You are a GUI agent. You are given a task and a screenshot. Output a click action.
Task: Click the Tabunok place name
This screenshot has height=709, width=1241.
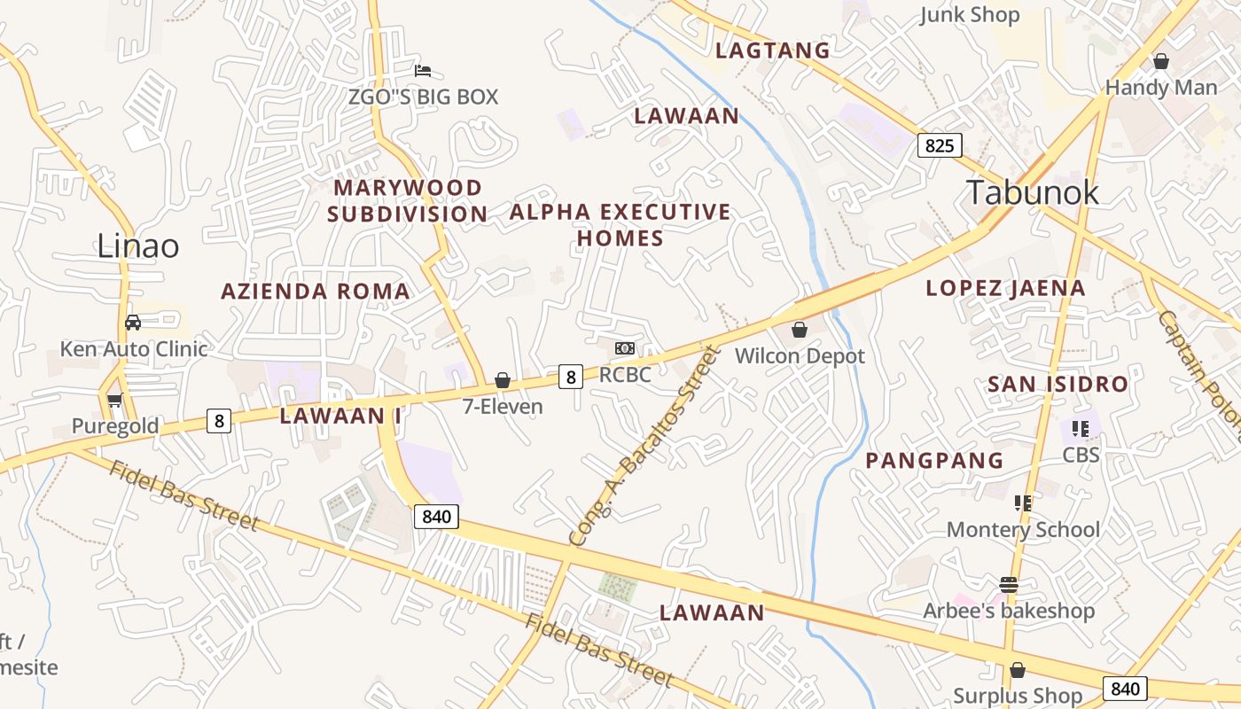point(1032,192)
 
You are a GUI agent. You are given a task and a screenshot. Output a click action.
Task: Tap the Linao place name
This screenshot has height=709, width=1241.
point(137,245)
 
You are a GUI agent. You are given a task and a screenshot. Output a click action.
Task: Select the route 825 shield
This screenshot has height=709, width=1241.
point(939,144)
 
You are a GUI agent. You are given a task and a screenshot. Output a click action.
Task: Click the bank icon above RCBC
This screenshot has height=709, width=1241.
point(625,348)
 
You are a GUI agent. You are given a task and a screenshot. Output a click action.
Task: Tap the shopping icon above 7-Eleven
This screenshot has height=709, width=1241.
point(503,380)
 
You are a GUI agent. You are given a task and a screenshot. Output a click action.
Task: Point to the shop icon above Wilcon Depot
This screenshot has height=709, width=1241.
point(800,330)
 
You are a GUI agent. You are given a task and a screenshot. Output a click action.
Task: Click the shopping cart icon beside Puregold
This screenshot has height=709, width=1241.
point(114,401)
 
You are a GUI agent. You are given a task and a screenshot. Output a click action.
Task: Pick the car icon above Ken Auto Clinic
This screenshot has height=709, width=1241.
point(133,323)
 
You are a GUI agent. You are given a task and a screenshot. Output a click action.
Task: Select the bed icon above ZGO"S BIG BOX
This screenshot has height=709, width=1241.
point(423,70)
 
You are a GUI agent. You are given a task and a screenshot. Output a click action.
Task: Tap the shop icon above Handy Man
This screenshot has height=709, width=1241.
point(1160,61)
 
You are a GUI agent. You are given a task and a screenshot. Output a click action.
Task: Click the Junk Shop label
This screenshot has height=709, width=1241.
point(970,15)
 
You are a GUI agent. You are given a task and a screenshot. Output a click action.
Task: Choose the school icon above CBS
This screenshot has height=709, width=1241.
point(1081,429)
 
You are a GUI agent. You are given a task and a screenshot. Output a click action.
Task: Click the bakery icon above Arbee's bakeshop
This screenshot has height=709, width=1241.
point(1008,585)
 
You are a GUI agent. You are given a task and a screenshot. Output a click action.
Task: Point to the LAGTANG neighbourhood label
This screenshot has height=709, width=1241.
point(773,51)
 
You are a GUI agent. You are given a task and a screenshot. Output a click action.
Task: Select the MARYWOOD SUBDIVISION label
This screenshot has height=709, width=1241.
point(408,201)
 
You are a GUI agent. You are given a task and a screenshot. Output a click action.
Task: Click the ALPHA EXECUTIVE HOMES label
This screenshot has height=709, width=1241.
point(620,225)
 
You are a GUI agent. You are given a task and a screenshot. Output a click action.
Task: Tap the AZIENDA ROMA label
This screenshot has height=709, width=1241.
point(316,292)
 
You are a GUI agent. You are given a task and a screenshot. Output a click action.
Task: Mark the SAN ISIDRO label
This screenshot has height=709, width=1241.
point(1058,385)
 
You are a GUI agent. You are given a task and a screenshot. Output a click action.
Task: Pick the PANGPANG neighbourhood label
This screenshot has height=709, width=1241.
point(934,461)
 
